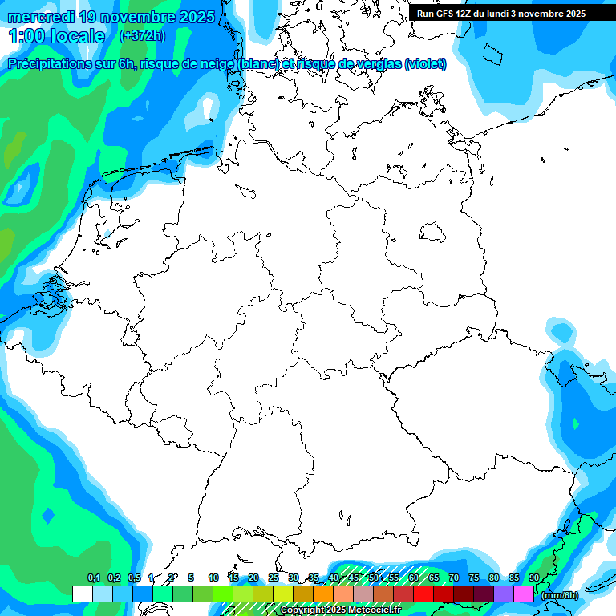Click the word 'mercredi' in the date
point(38,17)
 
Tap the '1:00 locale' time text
point(57,36)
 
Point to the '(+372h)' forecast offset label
point(142,36)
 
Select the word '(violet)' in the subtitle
point(425,64)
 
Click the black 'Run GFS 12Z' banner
point(501,14)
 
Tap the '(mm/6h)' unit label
point(560,594)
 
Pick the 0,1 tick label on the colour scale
point(93,578)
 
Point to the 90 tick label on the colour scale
point(534,578)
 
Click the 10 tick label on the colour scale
point(213,578)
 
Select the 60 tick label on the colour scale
point(414,578)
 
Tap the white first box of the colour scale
point(82,594)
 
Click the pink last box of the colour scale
point(523,594)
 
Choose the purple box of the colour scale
point(503,594)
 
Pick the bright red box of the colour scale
point(423,594)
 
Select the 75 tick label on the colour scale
point(474,578)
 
